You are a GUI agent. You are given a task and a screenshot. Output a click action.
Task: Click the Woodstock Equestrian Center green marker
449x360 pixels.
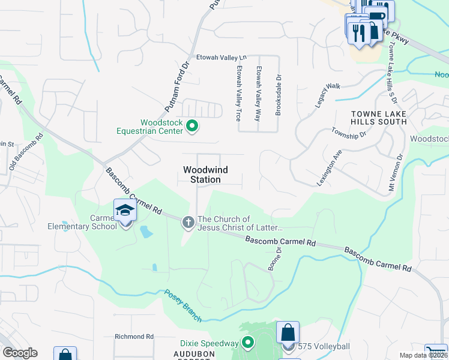pyautogui.click(x=192, y=126)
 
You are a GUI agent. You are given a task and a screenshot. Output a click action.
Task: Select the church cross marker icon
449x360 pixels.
pyautogui.click(x=188, y=223)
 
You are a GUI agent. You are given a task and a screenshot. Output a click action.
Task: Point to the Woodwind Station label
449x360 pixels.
pyautogui.click(x=202, y=175)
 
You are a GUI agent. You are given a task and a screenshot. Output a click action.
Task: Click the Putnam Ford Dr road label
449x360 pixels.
pyautogui.click(x=177, y=88)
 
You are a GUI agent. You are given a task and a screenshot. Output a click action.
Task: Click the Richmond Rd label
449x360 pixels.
pyautogui.click(x=134, y=337)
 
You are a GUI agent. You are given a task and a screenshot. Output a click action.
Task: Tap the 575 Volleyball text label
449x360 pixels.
pyautogui.click(x=324, y=347)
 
